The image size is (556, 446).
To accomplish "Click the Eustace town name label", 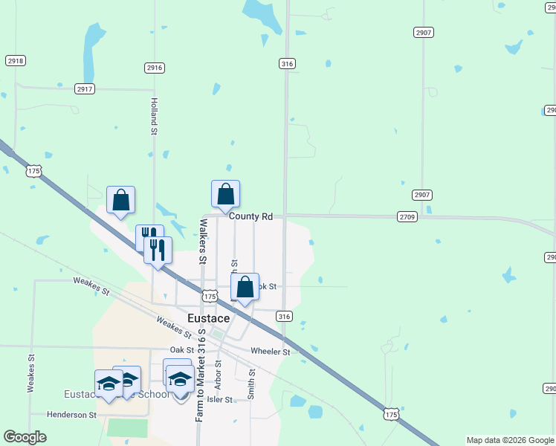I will point(208,318).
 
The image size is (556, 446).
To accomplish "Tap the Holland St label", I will point(155,117).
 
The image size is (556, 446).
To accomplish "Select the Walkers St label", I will point(201,242).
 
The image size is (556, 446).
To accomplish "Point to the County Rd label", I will point(250,216).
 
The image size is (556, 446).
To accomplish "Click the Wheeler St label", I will point(270,351).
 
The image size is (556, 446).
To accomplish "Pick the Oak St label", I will point(181,349).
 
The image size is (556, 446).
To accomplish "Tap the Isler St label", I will point(220,399).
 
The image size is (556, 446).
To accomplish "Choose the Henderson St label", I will point(72,415).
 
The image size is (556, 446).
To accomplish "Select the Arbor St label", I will point(219,375).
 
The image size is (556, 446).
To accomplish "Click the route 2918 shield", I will point(15,60).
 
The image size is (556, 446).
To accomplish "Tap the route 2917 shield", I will point(85,89).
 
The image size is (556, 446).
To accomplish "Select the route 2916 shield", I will point(155,68).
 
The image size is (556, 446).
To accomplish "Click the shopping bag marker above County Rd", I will point(226,195).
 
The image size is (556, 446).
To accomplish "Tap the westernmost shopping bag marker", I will point(121,200).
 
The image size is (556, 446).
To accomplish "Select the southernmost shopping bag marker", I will point(245,287).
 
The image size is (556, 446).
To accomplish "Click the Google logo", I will point(25,437).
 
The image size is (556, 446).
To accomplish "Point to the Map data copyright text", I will point(510,440).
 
